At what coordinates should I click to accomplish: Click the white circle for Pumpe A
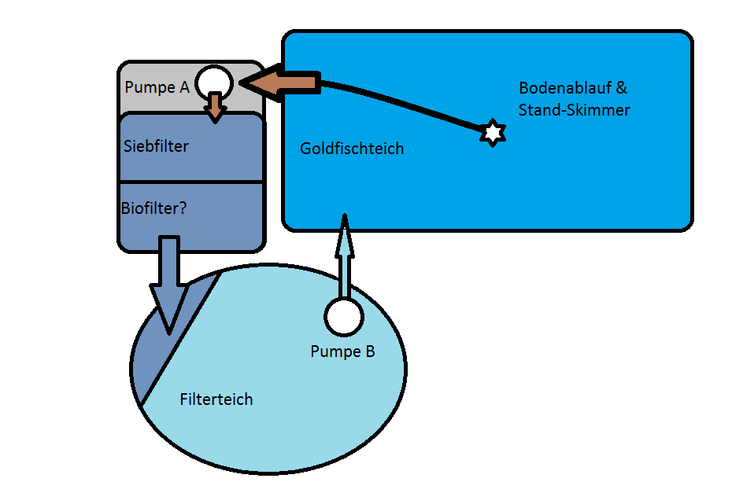pyautogui.click(x=214, y=83)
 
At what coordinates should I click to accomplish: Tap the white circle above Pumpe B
pyautogui.click(x=344, y=317)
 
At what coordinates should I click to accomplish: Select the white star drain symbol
pyautogui.click(x=493, y=133)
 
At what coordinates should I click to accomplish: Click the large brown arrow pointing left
pyautogui.click(x=279, y=83)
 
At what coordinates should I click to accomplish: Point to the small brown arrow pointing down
pyautogui.click(x=215, y=108)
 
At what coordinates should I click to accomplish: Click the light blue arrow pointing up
pyautogui.click(x=345, y=256)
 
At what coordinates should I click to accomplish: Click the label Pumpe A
pyautogui.click(x=157, y=87)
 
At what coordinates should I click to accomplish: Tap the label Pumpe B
pyautogui.click(x=342, y=351)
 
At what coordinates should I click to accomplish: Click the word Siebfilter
pyautogui.click(x=156, y=146)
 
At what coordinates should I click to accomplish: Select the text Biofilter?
pyautogui.click(x=154, y=208)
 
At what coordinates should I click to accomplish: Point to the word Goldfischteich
pyautogui.click(x=352, y=149)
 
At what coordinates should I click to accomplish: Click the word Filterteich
pyautogui.click(x=216, y=399)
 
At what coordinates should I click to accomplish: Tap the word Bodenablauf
pyautogui.click(x=565, y=87)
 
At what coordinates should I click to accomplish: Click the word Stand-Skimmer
pyautogui.click(x=575, y=110)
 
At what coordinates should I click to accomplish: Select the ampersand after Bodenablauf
pyautogui.click(x=621, y=87)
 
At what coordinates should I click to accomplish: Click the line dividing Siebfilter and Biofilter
pyautogui.click(x=191, y=182)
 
